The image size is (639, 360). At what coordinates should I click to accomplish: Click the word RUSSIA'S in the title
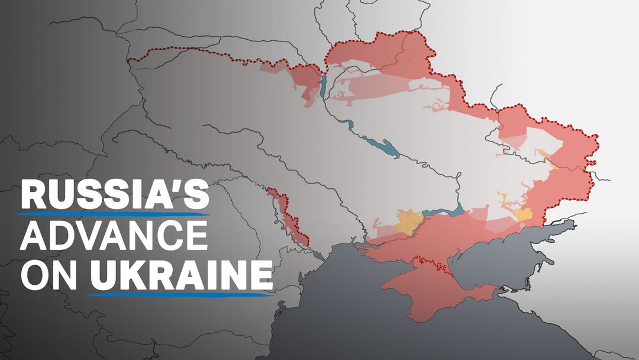113,195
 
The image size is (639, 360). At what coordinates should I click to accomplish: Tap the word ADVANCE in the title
113,237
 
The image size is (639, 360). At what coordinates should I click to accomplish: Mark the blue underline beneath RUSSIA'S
113,214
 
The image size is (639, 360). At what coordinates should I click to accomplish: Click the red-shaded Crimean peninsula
426,290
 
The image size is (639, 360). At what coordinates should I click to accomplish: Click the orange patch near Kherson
408,223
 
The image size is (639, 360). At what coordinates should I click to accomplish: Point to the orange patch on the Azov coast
523,214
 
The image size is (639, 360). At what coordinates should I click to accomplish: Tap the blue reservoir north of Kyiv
323,86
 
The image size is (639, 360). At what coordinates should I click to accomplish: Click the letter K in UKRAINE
125,275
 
